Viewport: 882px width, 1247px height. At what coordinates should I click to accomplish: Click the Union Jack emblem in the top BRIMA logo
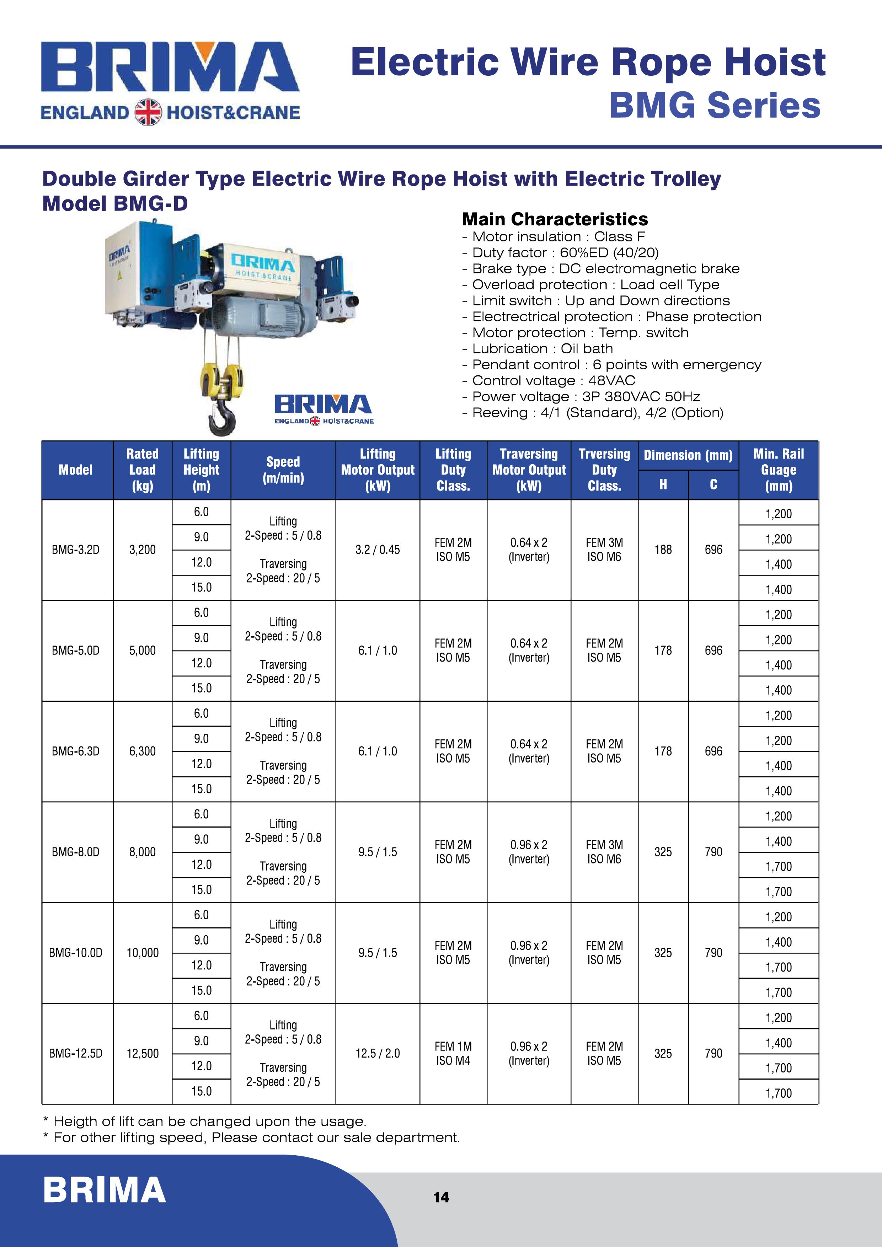tap(148, 112)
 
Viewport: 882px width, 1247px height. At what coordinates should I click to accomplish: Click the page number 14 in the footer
tap(441, 1197)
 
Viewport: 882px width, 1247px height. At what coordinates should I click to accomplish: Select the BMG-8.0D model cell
tap(75, 852)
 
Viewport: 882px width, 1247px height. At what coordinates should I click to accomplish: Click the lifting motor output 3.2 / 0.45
tap(378, 550)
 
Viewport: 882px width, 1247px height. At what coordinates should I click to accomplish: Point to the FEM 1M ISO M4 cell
tap(453, 1053)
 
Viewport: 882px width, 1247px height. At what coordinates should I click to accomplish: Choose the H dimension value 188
tap(663, 550)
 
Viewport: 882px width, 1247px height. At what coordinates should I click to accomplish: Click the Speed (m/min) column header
tap(283, 470)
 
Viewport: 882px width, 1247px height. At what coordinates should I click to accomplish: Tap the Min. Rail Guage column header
tap(778, 470)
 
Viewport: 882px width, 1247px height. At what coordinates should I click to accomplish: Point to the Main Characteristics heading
tap(555, 219)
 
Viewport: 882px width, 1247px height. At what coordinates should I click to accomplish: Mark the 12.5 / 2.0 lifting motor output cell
tap(378, 1053)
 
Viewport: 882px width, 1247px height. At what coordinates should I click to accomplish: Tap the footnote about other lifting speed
tap(251, 1137)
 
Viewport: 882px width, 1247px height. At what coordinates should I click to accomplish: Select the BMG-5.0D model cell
tap(75, 650)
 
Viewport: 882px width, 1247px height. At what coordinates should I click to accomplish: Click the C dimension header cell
tap(713, 485)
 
